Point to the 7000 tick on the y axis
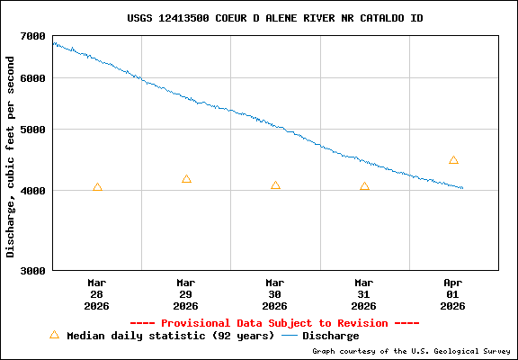click(33, 36)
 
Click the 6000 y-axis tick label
click(33, 78)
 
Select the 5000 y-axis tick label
click(33, 130)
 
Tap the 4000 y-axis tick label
click(33, 191)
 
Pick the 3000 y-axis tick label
click(33, 270)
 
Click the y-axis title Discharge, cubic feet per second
click(11, 157)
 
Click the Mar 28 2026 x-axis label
click(97, 293)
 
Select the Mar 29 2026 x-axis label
click(186, 293)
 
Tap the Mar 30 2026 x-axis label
click(275, 293)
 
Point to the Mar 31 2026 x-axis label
click(364, 293)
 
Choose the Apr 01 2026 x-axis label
click(453, 293)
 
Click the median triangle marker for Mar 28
click(97, 187)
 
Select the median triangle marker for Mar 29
click(186, 179)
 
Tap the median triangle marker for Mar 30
click(275, 185)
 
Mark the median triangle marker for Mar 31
click(364, 186)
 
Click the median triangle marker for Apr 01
click(453, 160)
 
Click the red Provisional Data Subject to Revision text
click(274, 323)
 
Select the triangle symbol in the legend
click(54, 335)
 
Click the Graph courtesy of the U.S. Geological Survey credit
click(412, 351)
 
